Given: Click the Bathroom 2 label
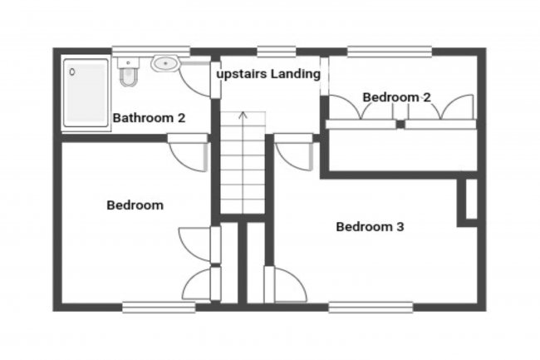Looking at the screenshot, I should point(149,118).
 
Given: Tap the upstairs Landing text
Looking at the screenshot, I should point(268,74).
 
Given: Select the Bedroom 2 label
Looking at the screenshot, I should point(396,97).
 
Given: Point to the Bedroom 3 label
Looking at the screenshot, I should point(370,226).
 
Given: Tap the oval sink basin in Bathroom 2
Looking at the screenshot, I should point(164,63).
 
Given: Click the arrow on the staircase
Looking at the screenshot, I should point(243,116).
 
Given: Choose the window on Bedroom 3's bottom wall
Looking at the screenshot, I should point(370,306).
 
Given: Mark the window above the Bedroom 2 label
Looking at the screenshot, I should point(389,52).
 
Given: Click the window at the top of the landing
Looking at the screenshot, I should point(276,52).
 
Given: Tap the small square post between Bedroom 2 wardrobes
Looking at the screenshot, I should point(400,124).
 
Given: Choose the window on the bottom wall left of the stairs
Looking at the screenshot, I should point(159,307).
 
